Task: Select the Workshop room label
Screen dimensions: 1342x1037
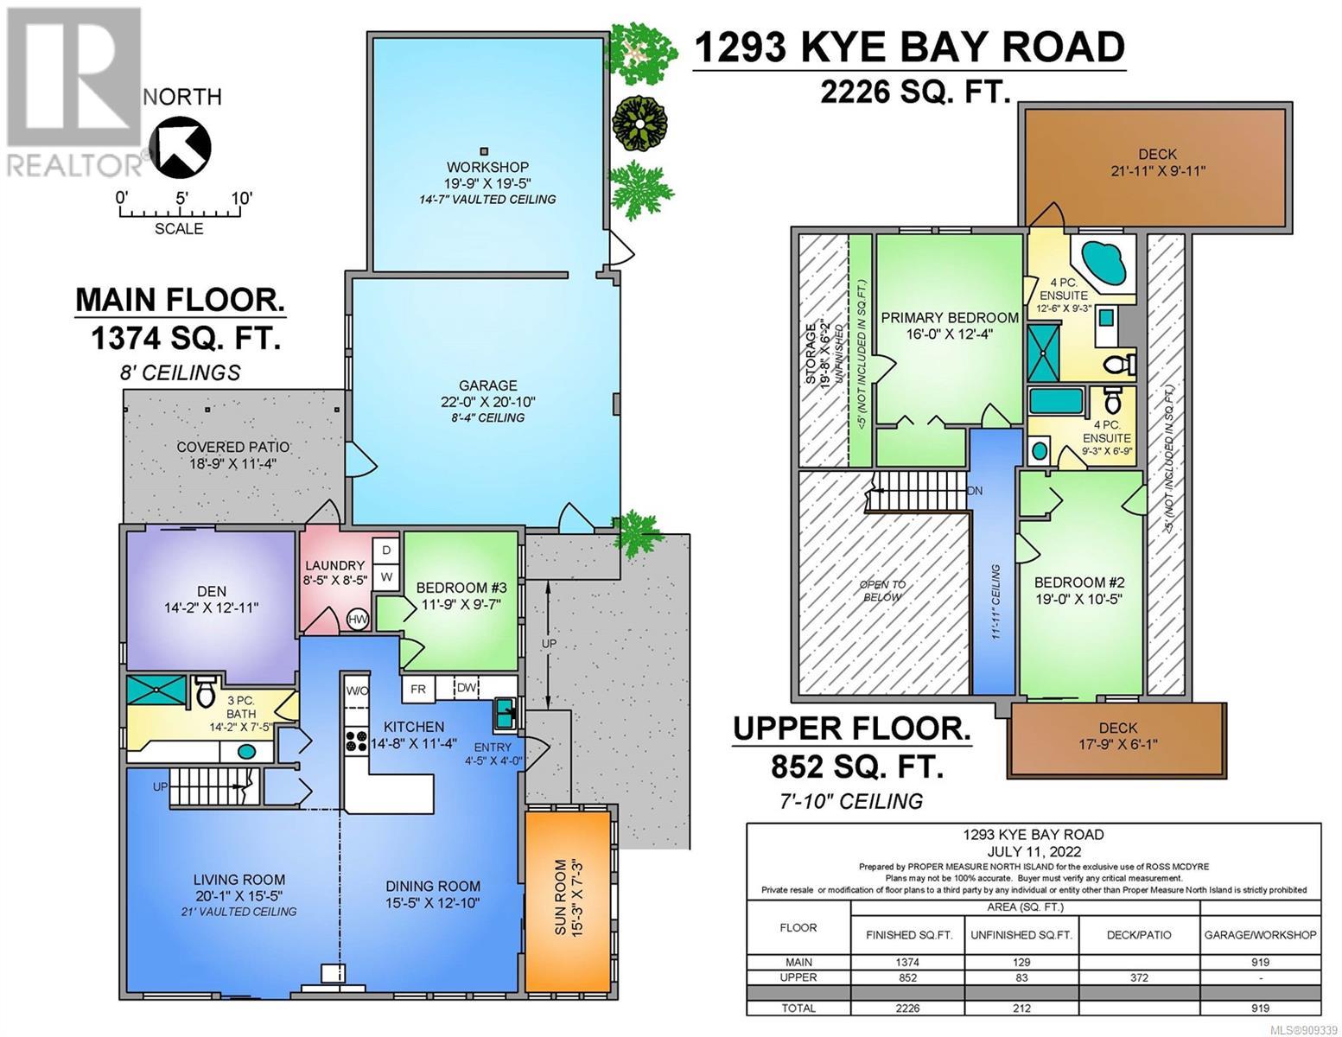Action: point(487,167)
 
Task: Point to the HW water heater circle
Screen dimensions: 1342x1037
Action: point(358,620)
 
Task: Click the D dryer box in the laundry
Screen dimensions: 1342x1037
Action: point(385,550)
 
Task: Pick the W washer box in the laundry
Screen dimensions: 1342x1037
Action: point(385,577)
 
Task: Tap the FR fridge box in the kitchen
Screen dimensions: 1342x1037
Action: point(418,690)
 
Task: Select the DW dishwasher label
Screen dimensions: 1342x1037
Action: point(467,687)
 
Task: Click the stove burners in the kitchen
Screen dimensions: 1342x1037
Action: point(356,741)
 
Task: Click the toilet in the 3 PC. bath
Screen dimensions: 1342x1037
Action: point(205,691)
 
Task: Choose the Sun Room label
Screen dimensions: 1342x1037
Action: point(561,897)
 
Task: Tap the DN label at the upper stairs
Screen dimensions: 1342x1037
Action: point(975,491)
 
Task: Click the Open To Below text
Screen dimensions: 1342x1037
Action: point(882,590)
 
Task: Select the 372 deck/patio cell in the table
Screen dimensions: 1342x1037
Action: point(1139,977)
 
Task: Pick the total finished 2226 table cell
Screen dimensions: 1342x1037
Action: point(908,1008)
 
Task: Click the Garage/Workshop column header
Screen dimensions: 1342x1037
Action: point(1260,935)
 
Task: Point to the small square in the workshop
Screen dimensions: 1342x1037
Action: point(485,150)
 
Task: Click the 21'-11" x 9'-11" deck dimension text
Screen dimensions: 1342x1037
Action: point(1157,171)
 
